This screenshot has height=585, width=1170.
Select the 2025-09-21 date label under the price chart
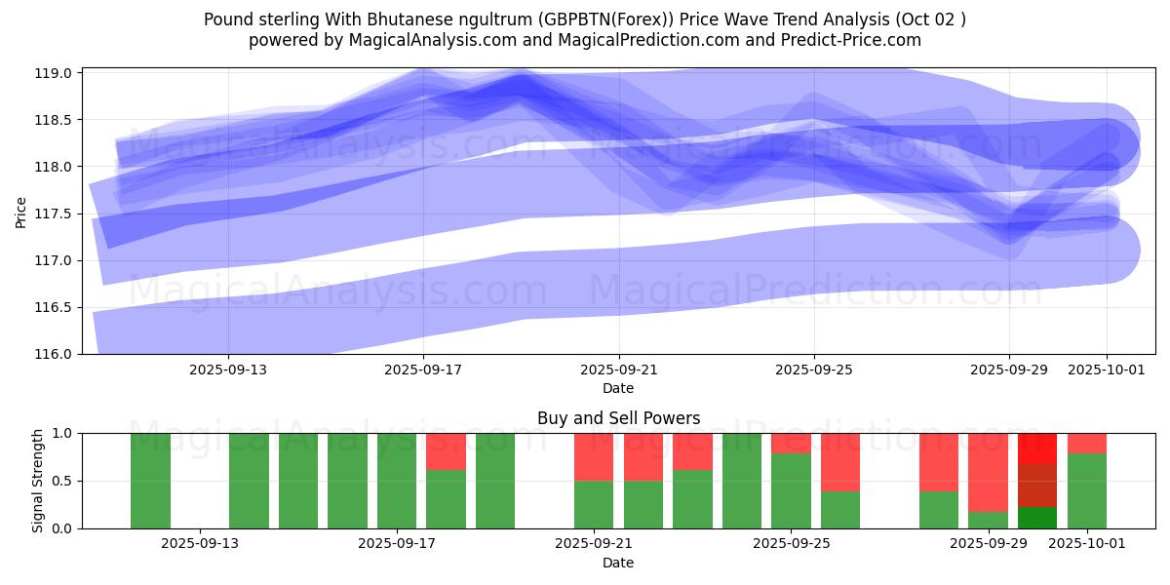point(619,370)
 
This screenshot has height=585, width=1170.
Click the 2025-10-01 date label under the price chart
point(1107,370)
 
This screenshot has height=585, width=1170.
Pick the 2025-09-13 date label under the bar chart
point(200,544)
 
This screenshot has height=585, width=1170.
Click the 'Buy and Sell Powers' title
point(618,418)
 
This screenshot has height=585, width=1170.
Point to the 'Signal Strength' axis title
point(38,481)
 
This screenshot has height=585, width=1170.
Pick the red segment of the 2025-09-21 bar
point(594,456)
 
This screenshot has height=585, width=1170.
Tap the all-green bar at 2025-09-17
point(397,481)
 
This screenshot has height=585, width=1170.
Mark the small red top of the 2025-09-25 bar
point(791,443)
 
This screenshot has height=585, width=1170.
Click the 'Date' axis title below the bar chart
point(618,563)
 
